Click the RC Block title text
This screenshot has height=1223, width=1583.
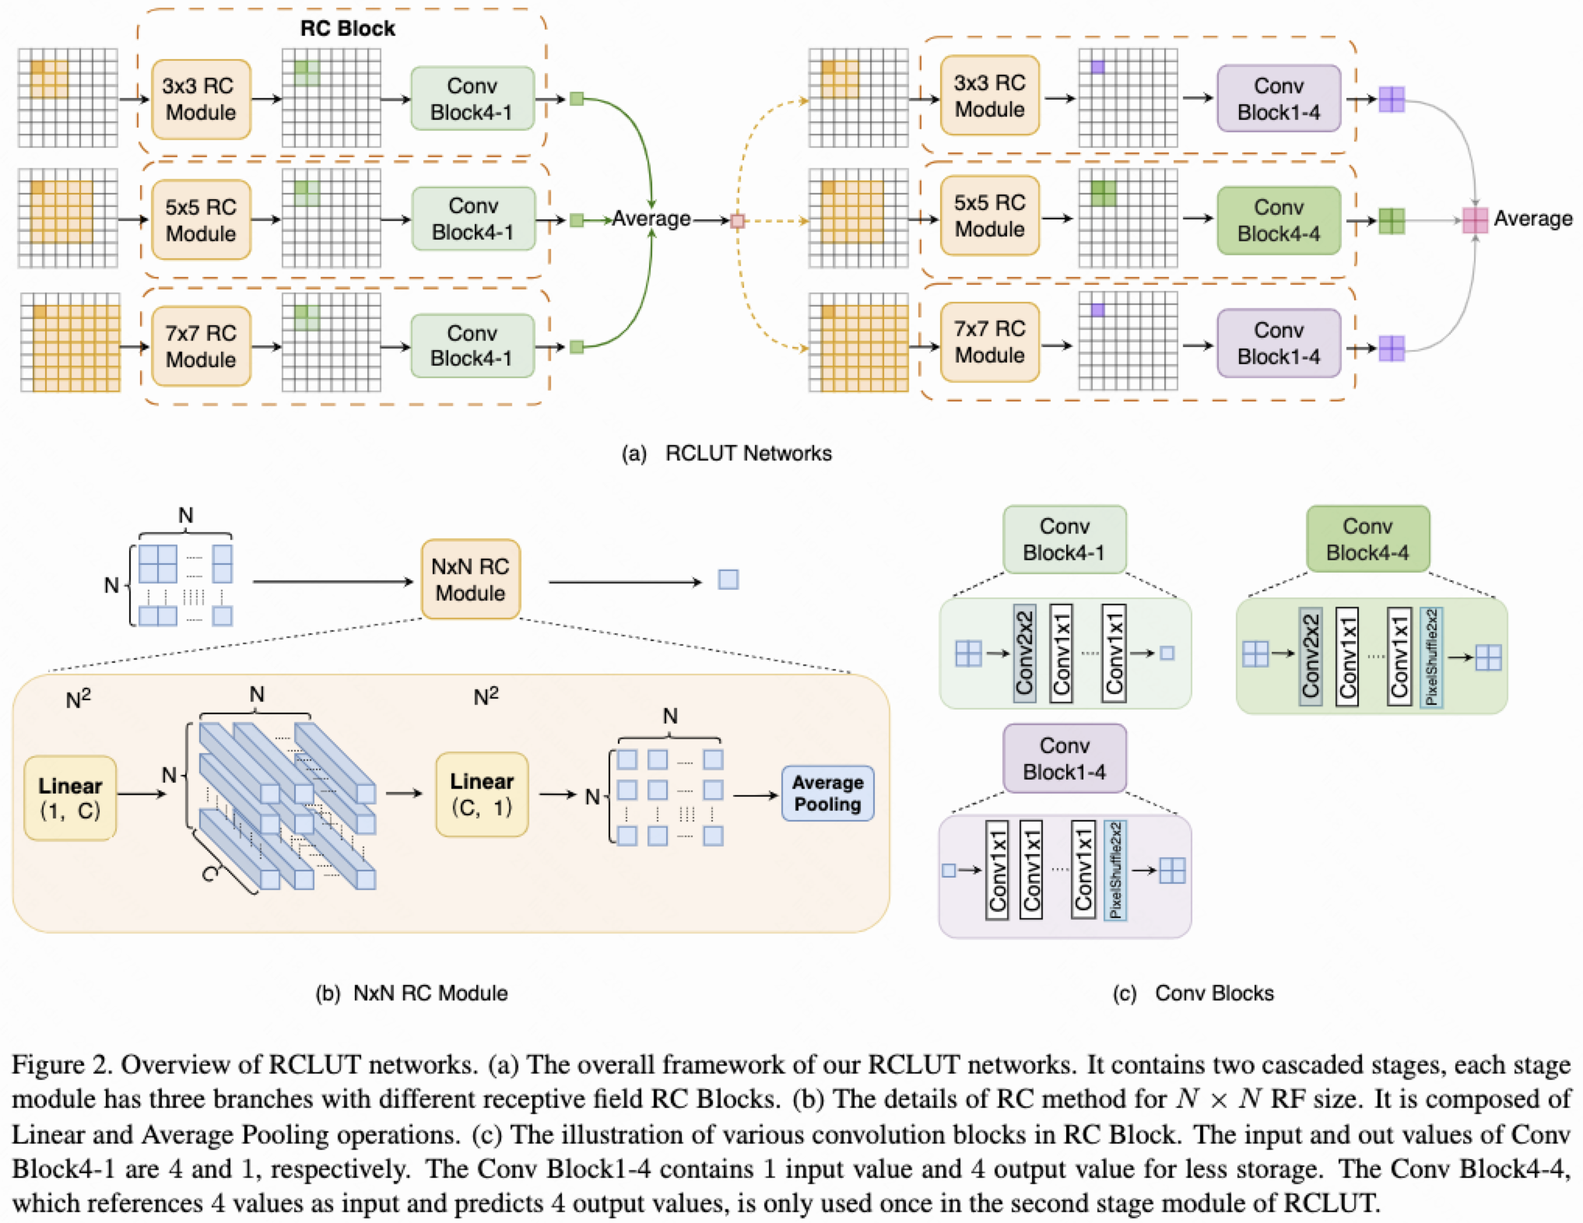pos(348,29)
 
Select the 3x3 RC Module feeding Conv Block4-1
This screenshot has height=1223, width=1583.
pos(201,99)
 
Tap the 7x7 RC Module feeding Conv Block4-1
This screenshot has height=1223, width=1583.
pos(201,346)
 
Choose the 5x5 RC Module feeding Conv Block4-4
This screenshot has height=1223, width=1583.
pos(989,216)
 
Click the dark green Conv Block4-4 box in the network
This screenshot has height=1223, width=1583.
pos(1279,220)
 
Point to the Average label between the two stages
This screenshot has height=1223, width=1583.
pos(651,219)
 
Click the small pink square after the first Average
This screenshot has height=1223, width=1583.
pos(737,221)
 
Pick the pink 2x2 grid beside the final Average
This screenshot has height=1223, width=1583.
pos(1475,220)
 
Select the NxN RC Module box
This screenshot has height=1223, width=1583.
pos(470,580)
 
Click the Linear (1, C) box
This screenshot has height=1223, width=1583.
pos(70,798)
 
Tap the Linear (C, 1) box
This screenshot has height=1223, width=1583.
pos(482,794)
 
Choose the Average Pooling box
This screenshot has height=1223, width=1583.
pos(827,794)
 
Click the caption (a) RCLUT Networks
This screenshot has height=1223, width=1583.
pos(726,454)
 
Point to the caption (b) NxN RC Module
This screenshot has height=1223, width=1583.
pos(412,993)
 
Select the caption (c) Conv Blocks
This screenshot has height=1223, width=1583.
pos(1193,993)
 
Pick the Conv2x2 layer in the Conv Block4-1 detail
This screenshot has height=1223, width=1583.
pos(1024,654)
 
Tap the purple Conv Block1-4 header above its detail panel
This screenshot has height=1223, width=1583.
pos(1064,759)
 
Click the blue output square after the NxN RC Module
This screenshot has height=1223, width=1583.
pos(728,580)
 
